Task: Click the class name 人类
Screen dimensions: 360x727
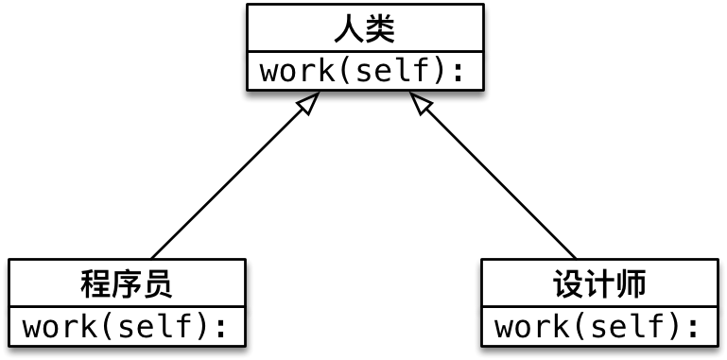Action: (x=365, y=29)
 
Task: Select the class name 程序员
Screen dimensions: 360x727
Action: (x=127, y=283)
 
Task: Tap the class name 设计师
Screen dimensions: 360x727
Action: (x=599, y=283)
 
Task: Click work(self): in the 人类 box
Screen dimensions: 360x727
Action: (x=365, y=72)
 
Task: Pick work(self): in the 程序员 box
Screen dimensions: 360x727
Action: (x=127, y=328)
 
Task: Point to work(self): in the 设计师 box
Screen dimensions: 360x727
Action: (x=599, y=328)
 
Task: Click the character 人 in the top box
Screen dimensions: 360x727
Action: (x=348, y=29)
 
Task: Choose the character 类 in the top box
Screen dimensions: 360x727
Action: (x=380, y=29)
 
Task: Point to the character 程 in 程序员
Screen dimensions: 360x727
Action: (x=95, y=283)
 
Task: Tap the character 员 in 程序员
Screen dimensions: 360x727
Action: (x=158, y=283)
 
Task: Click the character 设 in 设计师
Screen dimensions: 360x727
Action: (x=568, y=283)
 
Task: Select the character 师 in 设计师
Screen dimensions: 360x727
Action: (x=631, y=283)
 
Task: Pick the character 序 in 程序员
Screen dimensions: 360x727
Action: (x=127, y=283)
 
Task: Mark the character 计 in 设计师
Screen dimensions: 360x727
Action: (x=599, y=283)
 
